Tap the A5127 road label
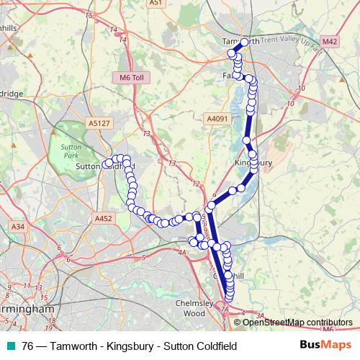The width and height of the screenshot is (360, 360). point(98,122)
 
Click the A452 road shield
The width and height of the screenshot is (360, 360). point(104,216)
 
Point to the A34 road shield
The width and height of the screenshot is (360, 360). point(17,227)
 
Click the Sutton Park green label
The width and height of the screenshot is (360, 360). point(70,150)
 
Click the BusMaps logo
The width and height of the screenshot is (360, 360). point(325,346)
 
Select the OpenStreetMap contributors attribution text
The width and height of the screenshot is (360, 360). point(297,323)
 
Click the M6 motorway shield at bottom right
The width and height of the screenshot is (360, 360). point(328,330)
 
